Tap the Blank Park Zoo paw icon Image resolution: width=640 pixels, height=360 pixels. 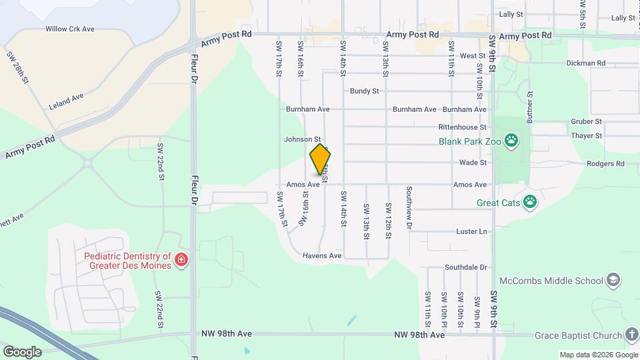point(511,141)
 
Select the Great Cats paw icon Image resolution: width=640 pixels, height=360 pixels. point(530,202)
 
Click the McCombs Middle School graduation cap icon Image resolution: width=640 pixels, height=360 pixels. point(614,281)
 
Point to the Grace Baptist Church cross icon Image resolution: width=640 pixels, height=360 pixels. point(632,335)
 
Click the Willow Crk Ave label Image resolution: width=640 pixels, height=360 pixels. point(70,29)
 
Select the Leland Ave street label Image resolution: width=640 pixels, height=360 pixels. point(66,101)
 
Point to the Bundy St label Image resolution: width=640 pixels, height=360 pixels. point(364,91)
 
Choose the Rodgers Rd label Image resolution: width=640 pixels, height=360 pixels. point(605,163)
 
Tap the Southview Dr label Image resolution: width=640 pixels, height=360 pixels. point(409,207)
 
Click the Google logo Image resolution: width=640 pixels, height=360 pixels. point(21,351)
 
